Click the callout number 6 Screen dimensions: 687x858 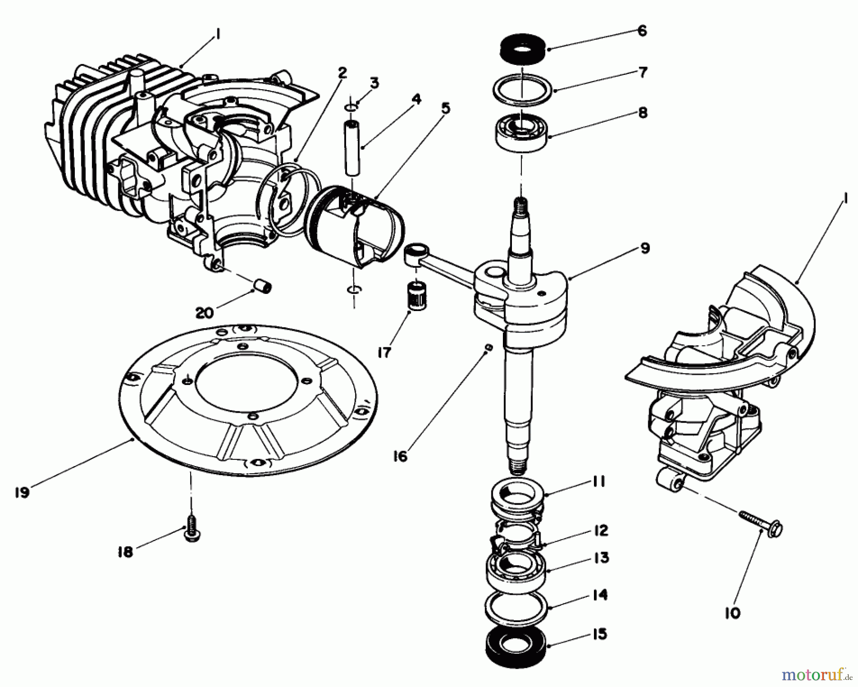[x=642, y=31]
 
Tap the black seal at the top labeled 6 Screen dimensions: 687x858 [x=523, y=51]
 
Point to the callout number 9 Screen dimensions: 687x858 [x=644, y=249]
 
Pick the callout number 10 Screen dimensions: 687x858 [x=733, y=613]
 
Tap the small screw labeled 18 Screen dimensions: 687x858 [x=192, y=535]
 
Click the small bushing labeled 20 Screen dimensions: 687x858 [x=263, y=287]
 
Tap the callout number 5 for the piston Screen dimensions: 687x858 [x=445, y=108]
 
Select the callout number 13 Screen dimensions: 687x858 [x=602, y=558]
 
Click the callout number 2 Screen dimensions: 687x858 [x=342, y=73]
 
